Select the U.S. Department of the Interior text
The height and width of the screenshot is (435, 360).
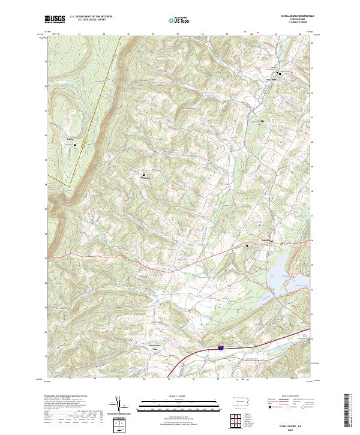(91, 16)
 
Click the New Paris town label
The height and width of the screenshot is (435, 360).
(271, 78)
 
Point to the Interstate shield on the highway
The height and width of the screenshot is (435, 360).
(220, 347)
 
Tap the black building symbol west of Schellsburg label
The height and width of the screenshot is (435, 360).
(246, 245)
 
